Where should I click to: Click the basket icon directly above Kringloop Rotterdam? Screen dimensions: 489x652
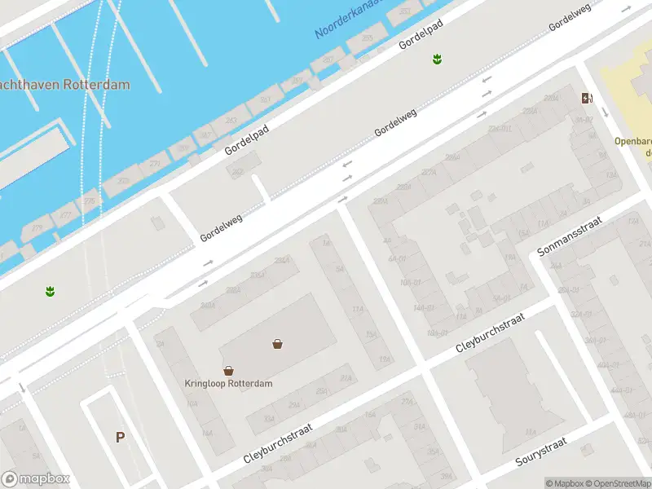pos(228,370)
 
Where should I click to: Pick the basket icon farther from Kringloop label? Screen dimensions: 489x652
pos(278,344)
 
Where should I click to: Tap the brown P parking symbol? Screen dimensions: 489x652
pos(120,438)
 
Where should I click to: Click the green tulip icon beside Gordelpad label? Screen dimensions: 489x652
pos(437,59)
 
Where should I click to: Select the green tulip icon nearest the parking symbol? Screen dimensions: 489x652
pos(50,290)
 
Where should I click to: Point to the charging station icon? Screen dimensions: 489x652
pos(587,99)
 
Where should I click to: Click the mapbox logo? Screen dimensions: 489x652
pos(36,479)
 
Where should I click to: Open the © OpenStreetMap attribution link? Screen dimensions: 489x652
pos(617,483)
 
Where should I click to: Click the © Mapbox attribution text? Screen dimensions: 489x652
pos(564,483)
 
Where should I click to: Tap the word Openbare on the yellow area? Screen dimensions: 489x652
pos(633,139)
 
